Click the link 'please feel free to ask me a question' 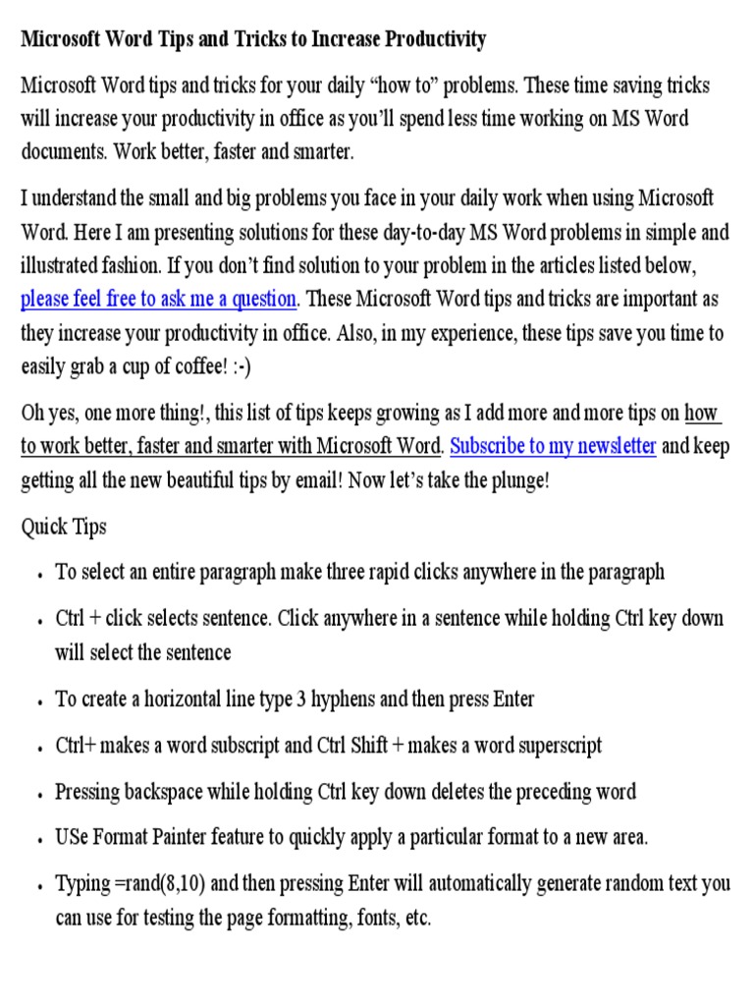tap(158, 299)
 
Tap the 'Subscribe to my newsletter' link tap(553, 446)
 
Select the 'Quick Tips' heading tap(64, 528)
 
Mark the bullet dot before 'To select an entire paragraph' tap(37, 574)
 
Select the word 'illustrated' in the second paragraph tap(65, 265)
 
